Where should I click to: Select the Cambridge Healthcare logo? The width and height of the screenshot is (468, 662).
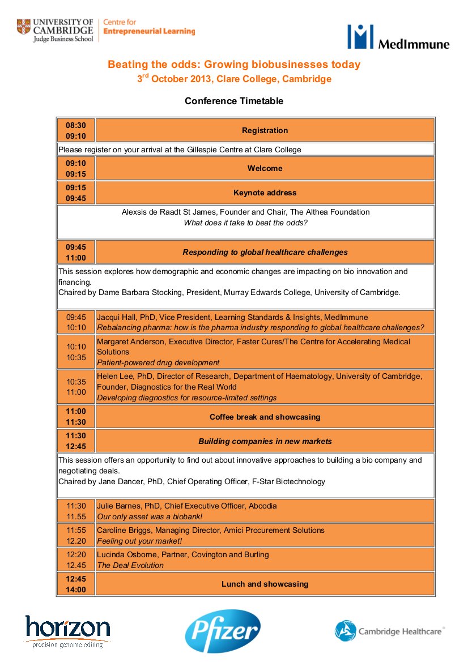click(389, 631)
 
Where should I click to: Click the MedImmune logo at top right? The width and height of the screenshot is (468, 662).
click(398, 37)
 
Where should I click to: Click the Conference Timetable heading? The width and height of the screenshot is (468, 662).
click(233, 101)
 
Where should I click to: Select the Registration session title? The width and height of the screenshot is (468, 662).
click(265, 130)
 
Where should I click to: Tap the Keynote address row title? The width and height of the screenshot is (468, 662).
click(265, 193)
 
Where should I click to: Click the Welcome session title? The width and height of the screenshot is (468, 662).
click(265, 168)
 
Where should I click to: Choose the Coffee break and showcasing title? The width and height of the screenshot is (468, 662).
click(265, 417)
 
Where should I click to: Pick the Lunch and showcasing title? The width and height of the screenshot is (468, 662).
click(265, 584)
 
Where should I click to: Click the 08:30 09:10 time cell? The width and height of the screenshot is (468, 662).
click(76, 130)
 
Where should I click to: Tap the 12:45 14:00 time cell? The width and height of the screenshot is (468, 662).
click(76, 584)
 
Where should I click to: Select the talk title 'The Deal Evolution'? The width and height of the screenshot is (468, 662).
click(130, 565)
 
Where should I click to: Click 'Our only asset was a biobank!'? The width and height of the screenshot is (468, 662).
click(150, 516)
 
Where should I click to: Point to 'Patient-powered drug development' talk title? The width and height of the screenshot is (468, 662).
click(158, 362)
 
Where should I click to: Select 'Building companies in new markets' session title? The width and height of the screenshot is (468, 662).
click(265, 441)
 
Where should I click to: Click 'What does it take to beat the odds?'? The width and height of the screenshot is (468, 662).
click(245, 223)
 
